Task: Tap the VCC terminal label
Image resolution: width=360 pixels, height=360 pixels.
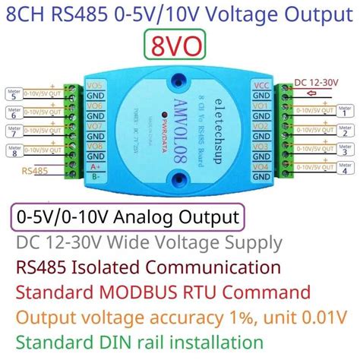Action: [260, 86]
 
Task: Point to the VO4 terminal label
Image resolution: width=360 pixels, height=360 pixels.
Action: [260, 166]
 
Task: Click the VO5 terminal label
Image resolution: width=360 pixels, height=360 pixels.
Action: [96, 86]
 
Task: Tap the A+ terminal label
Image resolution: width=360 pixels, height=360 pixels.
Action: [96, 166]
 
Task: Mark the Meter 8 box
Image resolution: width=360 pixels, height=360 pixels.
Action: [14, 151]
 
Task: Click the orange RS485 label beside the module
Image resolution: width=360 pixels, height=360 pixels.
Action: [36, 170]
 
